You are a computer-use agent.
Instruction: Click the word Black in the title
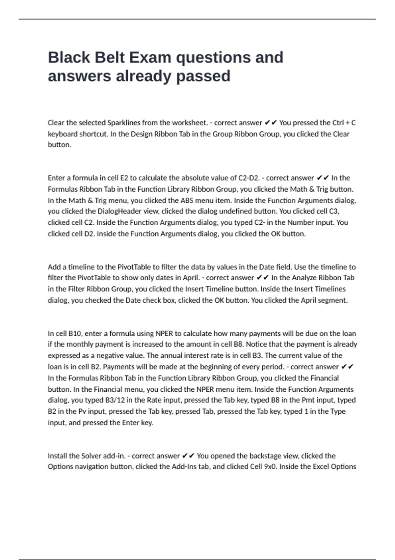pos(69,57)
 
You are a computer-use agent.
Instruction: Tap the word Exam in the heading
pos(150,57)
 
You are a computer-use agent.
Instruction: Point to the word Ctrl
pos(338,123)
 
